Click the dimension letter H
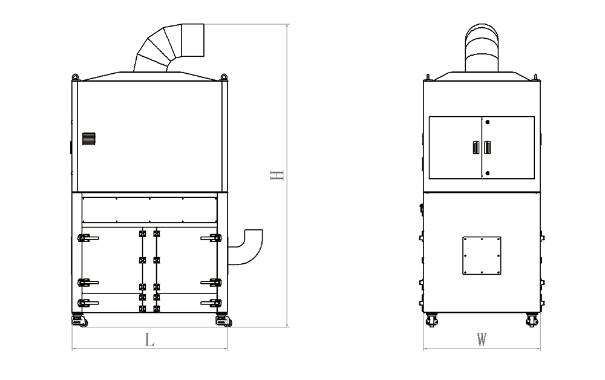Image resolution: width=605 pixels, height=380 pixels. tap(276, 175)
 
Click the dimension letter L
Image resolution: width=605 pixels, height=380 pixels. tap(149, 340)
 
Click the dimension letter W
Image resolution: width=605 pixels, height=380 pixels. tap(482, 339)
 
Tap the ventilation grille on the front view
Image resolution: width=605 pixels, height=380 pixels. tap(89, 139)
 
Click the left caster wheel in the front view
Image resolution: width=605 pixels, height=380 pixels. tap(79, 321)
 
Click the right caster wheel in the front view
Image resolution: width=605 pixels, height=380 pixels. tap(223, 321)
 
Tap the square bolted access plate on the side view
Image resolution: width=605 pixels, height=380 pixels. tap(482, 255)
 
